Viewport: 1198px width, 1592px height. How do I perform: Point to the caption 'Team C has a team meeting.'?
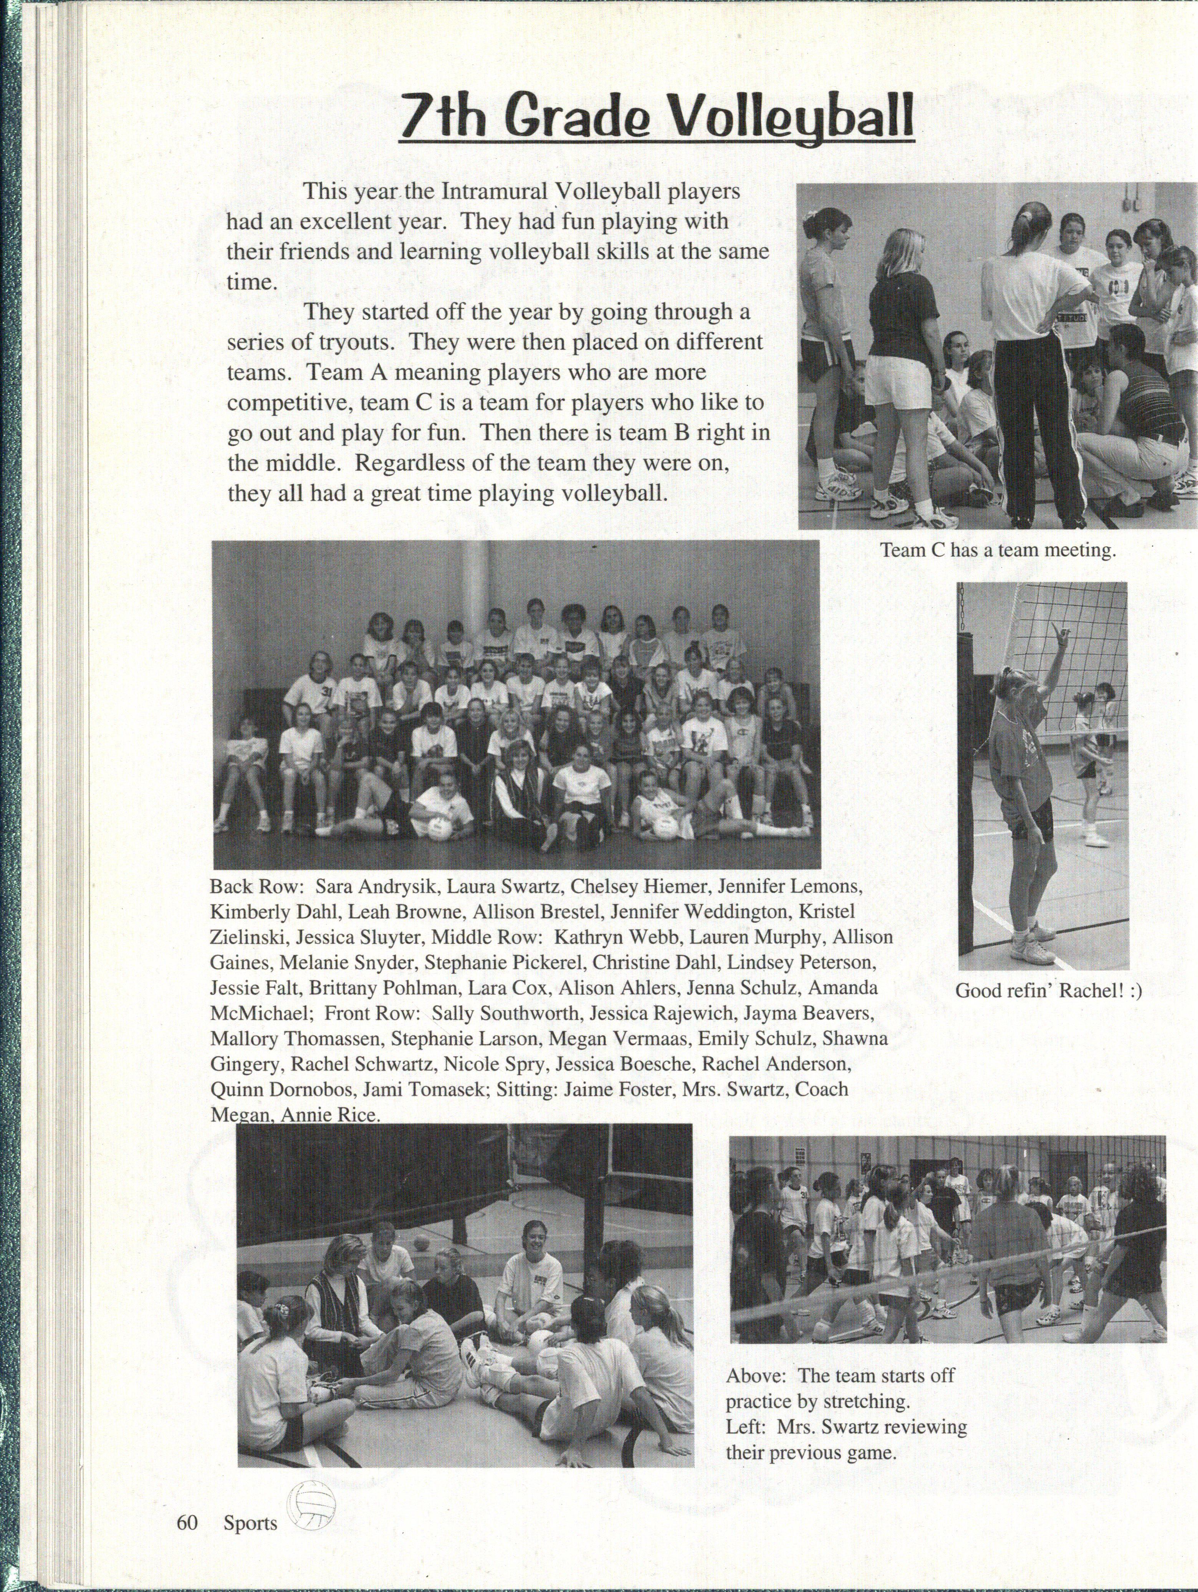[998, 551]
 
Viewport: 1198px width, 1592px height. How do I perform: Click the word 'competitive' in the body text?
[288, 404]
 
